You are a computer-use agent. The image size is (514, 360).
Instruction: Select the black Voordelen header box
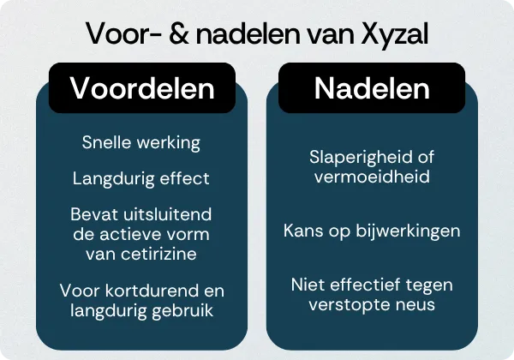(141, 88)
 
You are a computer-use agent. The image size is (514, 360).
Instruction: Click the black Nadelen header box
(371, 88)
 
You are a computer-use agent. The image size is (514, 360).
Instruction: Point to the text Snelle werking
(141, 143)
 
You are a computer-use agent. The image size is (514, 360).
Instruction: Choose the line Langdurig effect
(141, 179)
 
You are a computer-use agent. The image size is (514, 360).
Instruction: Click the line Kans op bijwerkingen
(371, 231)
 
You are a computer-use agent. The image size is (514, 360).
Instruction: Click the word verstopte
(357, 303)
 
